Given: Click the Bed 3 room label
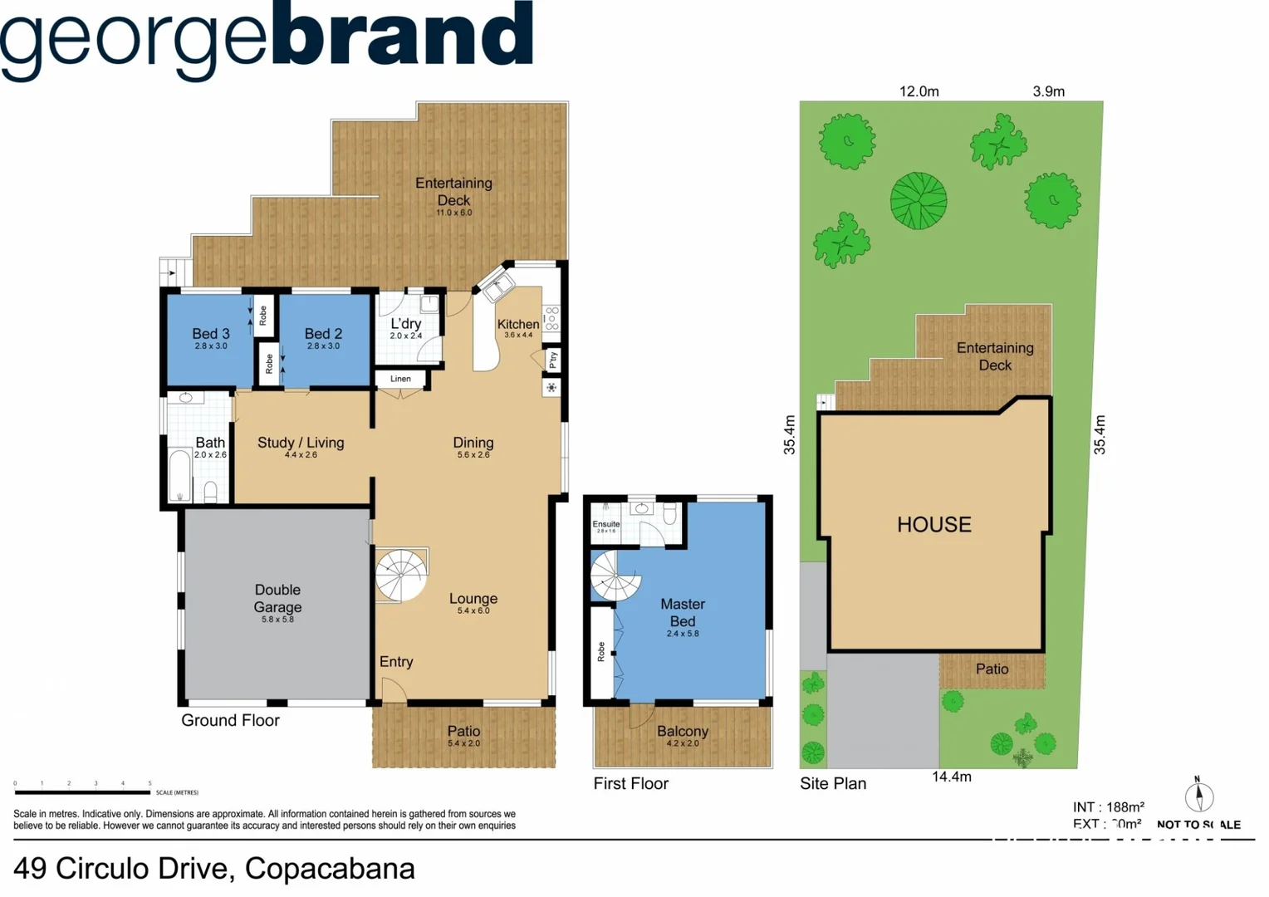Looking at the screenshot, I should tap(210, 334).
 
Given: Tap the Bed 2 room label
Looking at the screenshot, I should tap(323, 334).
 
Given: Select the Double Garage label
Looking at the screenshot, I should tap(277, 598).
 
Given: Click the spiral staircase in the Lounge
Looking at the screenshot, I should tap(401, 574).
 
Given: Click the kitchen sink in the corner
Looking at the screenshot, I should tap(498, 286).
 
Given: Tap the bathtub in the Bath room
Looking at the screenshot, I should tap(179, 475).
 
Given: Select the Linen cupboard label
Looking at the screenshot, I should tap(400, 379).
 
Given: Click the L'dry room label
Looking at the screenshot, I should tap(405, 324).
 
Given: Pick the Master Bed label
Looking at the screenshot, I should tap(682, 613).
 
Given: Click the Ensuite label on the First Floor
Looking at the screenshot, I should tap(605, 524).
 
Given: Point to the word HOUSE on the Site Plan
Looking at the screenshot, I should tap(933, 525).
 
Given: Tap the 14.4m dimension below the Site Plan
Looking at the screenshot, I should tap(951, 777).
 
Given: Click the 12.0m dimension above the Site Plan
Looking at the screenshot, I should tap(919, 91).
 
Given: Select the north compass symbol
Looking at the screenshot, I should tap(1198, 796).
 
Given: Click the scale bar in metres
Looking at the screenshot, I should tap(82, 792).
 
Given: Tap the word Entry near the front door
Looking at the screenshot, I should tap(396, 662).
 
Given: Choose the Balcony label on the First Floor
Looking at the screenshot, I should tap(682, 732).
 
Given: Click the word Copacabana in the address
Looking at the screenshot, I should tap(330, 869).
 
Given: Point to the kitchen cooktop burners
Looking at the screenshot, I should tap(551, 319).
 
